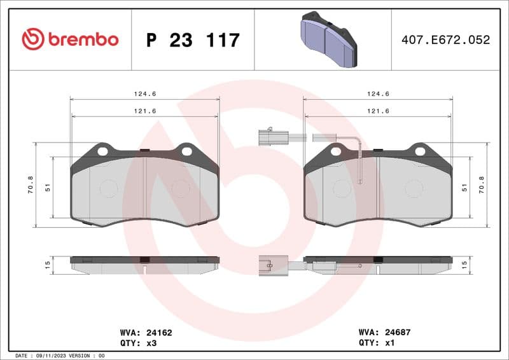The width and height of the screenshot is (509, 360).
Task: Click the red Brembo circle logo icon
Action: (x=33, y=39)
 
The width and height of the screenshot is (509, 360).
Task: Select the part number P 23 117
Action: (x=193, y=40)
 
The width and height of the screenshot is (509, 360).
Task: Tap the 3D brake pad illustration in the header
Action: (x=328, y=39)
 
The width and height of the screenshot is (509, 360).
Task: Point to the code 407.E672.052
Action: (x=445, y=40)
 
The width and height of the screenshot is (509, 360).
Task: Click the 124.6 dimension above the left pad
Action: (x=145, y=93)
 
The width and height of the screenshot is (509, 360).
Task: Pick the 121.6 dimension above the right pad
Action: (x=379, y=111)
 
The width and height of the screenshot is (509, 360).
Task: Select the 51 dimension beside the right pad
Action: (x=465, y=188)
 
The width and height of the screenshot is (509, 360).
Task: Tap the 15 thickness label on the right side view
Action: (x=464, y=263)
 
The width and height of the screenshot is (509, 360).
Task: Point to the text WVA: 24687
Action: (x=385, y=332)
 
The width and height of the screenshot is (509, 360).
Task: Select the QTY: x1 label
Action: (x=377, y=342)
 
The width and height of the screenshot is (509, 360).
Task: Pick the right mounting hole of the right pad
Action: (x=419, y=151)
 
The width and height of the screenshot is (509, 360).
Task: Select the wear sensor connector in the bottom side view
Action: (x=270, y=264)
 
